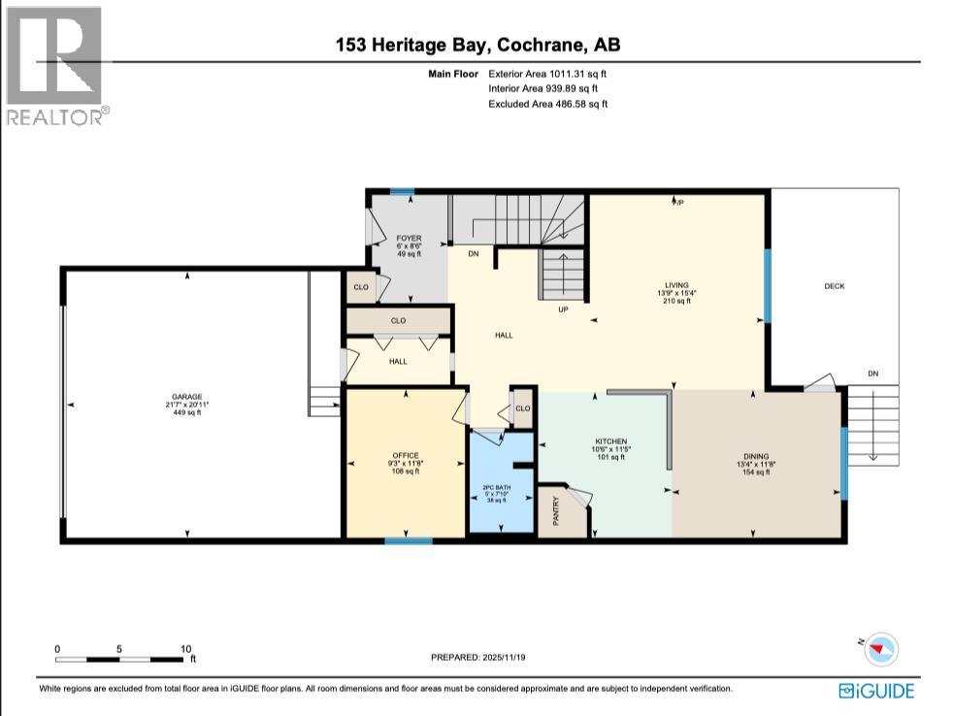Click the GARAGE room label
click(x=187, y=397)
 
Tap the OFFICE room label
click(x=405, y=455)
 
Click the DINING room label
click(x=756, y=456)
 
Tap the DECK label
click(x=835, y=286)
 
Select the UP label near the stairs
click(x=562, y=309)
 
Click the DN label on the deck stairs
click(x=872, y=373)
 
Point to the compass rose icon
click(x=881, y=648)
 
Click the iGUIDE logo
click(x=875, y=691)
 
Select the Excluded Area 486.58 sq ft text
click(x=548, y=104)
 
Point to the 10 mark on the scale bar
click(x=185, y=649)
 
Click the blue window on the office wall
click(x=395, y=539)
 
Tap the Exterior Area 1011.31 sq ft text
click(x=548, y=73)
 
